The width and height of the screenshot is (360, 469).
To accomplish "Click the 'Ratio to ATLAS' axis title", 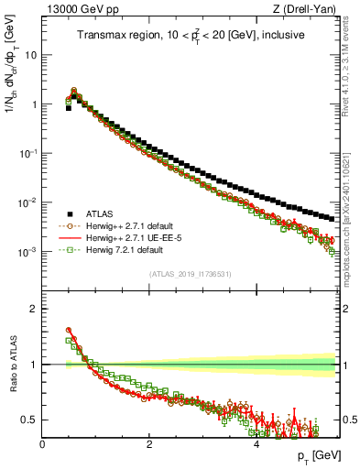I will pyautogui.click(x=13, y=365).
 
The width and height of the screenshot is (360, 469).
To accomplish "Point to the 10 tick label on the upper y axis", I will pyautogui.click(x=28, y=55).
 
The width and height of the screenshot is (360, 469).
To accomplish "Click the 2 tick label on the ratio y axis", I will pyautogui.click(x=33, y=309).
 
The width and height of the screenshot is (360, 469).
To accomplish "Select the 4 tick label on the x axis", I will pyautogui.click(x=256, y=444).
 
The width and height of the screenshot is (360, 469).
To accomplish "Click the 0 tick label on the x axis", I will pyautogui.click(x=42, y=444).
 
